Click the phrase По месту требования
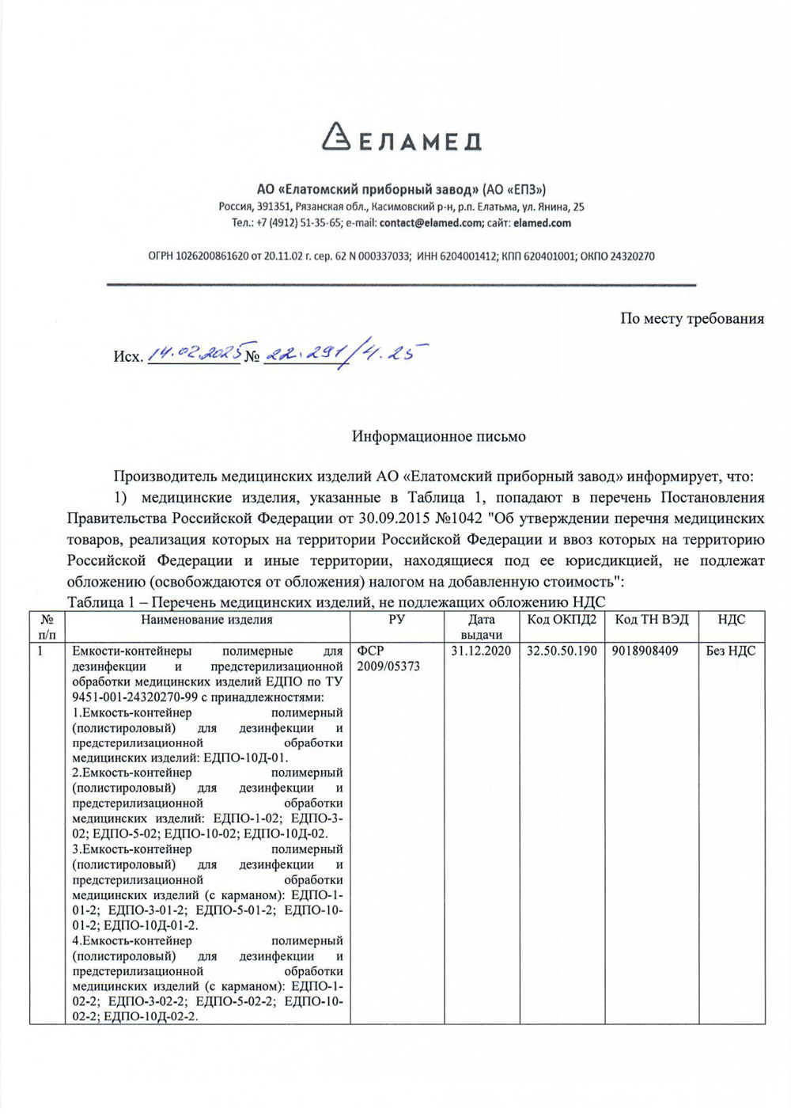[692, 319]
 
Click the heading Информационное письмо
[439, 436]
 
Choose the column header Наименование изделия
[206, 620]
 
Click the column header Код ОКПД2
[562, 620]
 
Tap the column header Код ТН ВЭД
[652, 620]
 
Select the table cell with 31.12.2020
[481, 651]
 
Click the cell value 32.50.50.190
[562, 651]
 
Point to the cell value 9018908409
[645, 651]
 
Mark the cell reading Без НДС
[731, 651]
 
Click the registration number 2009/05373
[388, 666]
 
